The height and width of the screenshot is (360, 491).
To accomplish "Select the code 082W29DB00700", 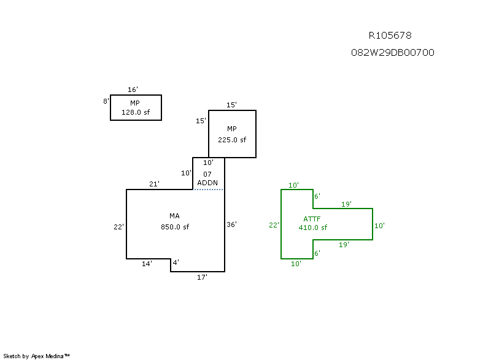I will pos(393,53).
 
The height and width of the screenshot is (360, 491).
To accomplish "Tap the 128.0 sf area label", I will pos(135,112).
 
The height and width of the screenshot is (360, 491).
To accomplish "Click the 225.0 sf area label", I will pos(232,139).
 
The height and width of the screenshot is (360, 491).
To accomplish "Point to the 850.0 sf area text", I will pos(175,227).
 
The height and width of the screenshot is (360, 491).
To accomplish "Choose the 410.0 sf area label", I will pos(313,228).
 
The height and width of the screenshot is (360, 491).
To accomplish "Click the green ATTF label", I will pos(312,219).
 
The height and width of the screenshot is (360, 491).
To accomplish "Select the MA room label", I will pos(175,216).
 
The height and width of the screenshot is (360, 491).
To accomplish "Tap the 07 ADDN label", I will pos(207,178).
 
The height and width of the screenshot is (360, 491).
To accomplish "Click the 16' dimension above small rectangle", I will pos(133,90).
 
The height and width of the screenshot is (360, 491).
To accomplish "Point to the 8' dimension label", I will pos(106,101).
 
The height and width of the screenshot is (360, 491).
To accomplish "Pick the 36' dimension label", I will pos(231,224).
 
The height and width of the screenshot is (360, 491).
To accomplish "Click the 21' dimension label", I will pos(154,184).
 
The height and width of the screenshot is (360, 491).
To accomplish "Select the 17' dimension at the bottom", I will pos(202,277).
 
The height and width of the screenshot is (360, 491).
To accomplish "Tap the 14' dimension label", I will pos(147,264).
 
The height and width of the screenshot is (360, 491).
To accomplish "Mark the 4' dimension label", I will pos(175,263).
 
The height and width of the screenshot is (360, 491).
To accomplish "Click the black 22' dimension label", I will pos(119,227).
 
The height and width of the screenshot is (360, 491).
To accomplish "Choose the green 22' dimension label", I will pos(274,225).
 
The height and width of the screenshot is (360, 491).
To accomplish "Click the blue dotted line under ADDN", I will pos(209,190).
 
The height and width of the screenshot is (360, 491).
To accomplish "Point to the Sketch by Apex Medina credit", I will pos(36,356).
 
